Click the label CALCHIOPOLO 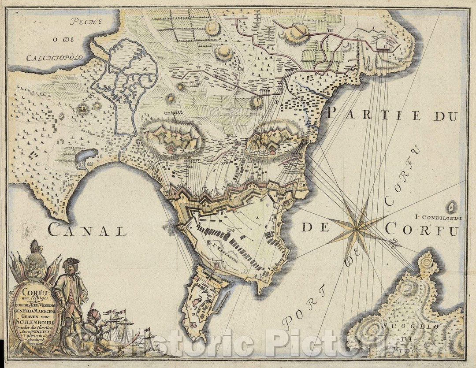pos(55,57)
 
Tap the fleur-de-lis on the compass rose pos(393,242)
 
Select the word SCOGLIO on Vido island pos(423,327)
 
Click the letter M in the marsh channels pos(144,69)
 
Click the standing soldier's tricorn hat pos(70,263)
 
